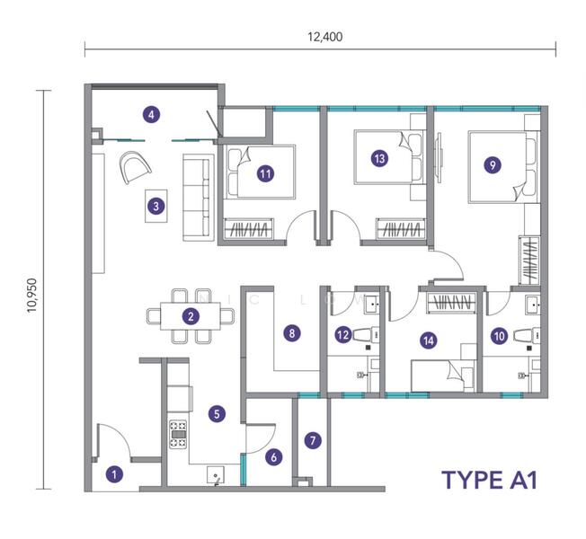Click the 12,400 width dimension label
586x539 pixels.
pyautogui.click(x=324, y=37)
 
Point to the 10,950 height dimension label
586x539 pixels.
pyautogui.click(x=31, y=295)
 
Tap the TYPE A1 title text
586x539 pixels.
pyautogui.click(x=490, y=480)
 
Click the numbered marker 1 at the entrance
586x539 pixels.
pyautogui.click(x=114, y=474)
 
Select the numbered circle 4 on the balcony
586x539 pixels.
pyautogui.click(x=151, y=115)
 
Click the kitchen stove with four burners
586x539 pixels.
pyautogui.click(x=178, y=435)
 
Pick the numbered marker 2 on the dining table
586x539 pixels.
pyautogui.click(x=191, y=316)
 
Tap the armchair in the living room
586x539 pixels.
pyautogui.click(x=135, y=167)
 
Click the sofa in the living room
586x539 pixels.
pyautogui.click(x=197, y=198)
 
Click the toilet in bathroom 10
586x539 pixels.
pyautogui.click(x=527, y=335)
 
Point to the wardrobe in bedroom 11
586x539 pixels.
pyautogui.click(x=248, y=228)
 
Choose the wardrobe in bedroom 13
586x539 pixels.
pyautogui.click(x=401, y=228)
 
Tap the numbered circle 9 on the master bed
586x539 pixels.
pyautogui.click(x=493, y=164)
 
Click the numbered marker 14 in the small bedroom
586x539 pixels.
pyautogui.click(x=429, y=340)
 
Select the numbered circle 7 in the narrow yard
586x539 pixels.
pyautogui.click(x=313, y=440)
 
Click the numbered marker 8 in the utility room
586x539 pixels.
pyautogui.click(x=292, y=332)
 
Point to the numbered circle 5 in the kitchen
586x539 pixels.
pyautogui.click(x=217, y=413)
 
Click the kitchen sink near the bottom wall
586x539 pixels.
pyautogui.click(x=216, y=475)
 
